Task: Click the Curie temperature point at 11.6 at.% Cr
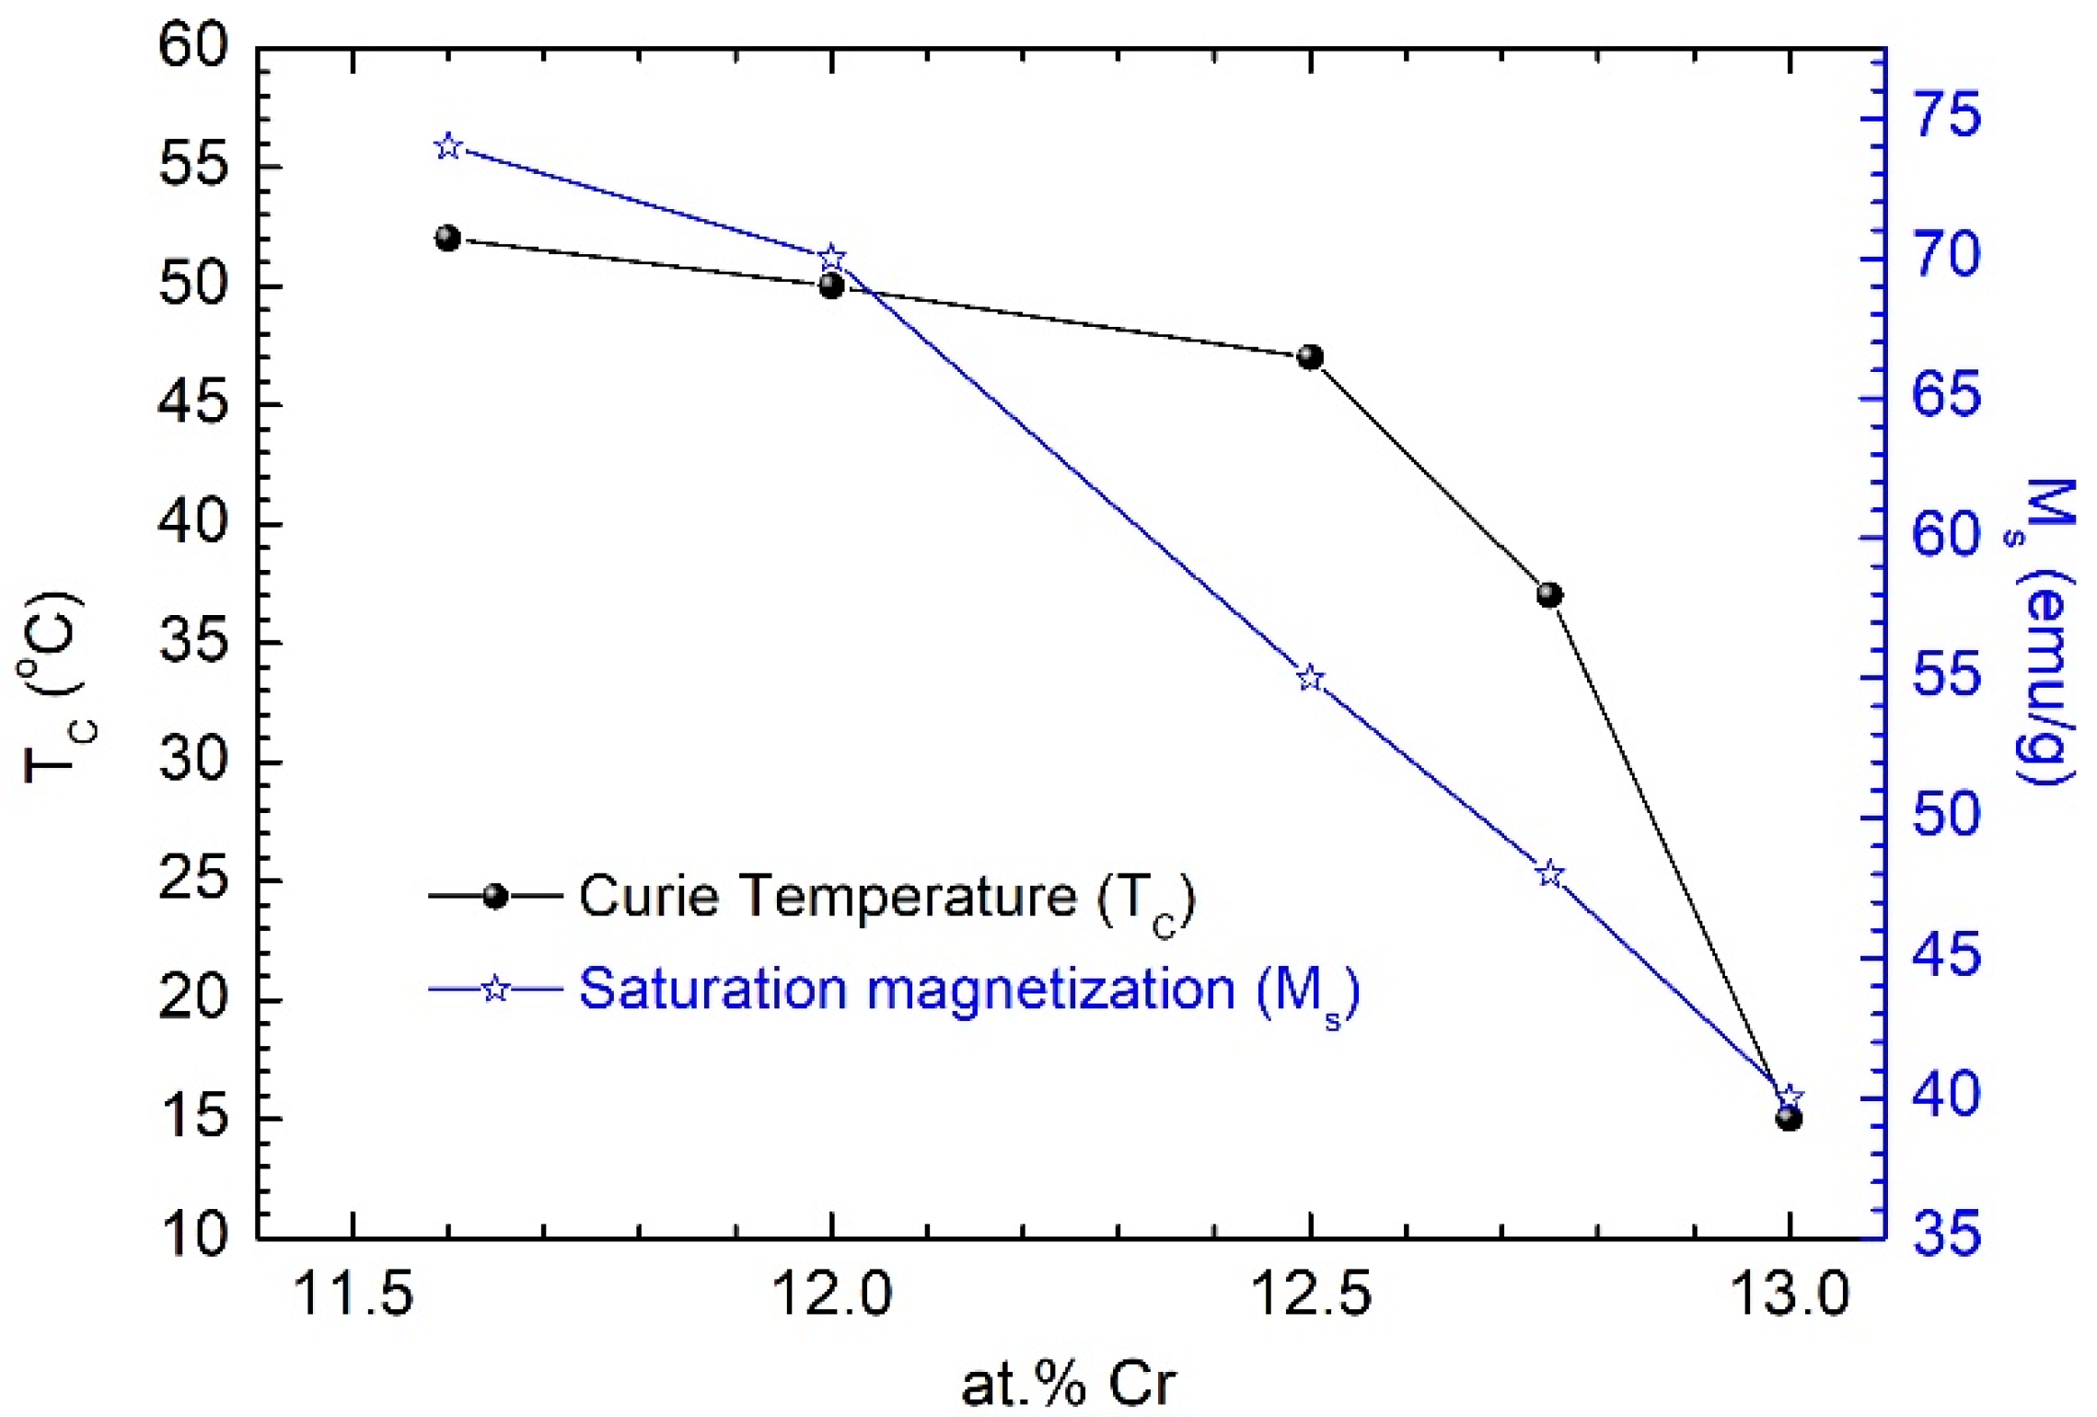(x=447, y=238)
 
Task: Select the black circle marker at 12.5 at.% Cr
(x=1310, y=357)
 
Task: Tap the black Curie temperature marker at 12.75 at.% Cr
(x=1549, y=595)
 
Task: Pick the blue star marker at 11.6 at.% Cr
(x=447, y=147)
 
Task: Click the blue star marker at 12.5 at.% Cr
(x=1310, y=679)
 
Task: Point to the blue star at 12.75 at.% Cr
(x=1550, y=874)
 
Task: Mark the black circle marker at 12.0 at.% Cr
(x=831, y=285)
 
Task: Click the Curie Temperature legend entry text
(x=886, y=897)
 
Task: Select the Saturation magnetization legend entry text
(x=968, y=991)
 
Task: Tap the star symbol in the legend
(x=496, y=990)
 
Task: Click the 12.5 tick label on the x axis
(x=1310, y=1295)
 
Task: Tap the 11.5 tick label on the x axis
(x=353, y=1295)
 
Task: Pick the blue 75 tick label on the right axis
(x=1947, y=117)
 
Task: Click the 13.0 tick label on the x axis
(x=1789, y=1295)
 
